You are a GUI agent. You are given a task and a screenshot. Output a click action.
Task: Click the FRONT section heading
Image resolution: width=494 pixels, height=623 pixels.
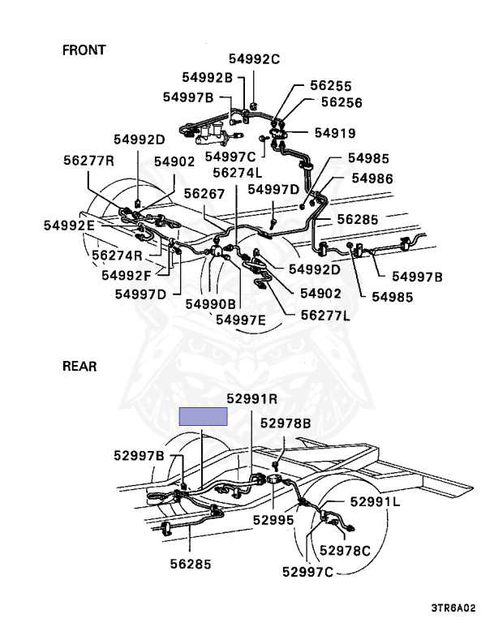[84, 50]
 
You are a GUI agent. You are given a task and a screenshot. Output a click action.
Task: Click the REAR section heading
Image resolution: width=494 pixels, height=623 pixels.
[79, 367]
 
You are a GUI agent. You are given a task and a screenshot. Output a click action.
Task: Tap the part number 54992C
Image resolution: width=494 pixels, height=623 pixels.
[253, 58]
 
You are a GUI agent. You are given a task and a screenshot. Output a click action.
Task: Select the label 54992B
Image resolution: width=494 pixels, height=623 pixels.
[207, 77]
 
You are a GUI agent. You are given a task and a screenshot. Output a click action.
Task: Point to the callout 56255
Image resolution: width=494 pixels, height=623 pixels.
[330, 85]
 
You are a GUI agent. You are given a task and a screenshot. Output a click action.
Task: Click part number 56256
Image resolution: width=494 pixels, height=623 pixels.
[342, 103]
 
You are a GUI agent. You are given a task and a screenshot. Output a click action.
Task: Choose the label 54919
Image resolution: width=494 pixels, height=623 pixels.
[335, 132]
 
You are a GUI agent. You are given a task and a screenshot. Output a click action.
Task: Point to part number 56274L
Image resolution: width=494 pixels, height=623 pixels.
[238, 172]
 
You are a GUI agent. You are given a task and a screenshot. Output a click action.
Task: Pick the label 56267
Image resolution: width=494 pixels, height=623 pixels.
[204, 194]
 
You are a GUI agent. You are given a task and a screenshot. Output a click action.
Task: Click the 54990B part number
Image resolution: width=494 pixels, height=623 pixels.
[210, 303]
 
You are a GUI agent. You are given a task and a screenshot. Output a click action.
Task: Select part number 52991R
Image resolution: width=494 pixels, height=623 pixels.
[251, 398]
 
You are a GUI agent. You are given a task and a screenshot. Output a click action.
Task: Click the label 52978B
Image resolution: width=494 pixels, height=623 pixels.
[285, 423]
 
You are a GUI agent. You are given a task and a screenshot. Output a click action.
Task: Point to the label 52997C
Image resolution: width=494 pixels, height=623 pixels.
[308, 572]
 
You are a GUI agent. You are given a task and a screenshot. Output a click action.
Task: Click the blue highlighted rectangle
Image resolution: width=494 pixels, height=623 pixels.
[203, 417]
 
